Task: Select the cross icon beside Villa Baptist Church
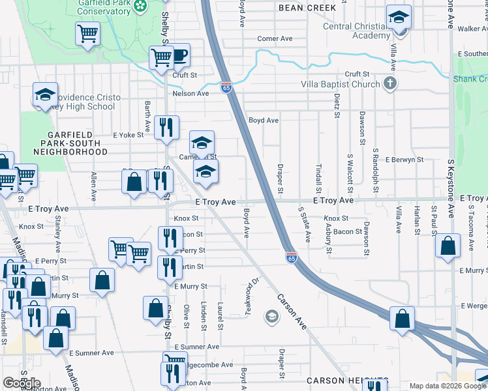point(389,83)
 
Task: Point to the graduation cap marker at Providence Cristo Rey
point(45,95)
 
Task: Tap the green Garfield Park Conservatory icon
point(140,7)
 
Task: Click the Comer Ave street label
point(275,38)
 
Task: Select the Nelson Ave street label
point(191,93)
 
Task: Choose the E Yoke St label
point(127,136)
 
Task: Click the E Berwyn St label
point(404,160)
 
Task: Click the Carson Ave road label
point(292,311)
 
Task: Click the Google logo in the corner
point(22,383)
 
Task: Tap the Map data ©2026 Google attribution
point(447,386)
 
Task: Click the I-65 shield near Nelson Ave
point(226,87)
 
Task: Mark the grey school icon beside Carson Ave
point(271,317)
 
